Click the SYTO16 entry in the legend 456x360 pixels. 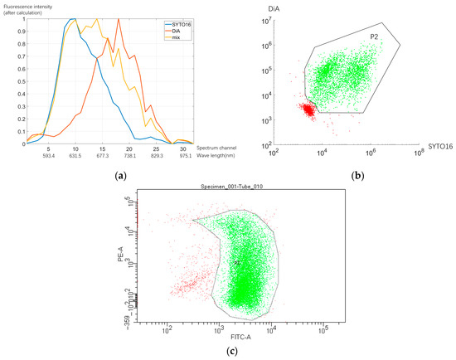[x=177, y=23]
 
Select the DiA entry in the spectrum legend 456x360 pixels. [x=172, y=30]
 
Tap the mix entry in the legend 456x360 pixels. [x=172, y=37]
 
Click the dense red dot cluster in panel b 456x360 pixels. [x=308, y=109]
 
